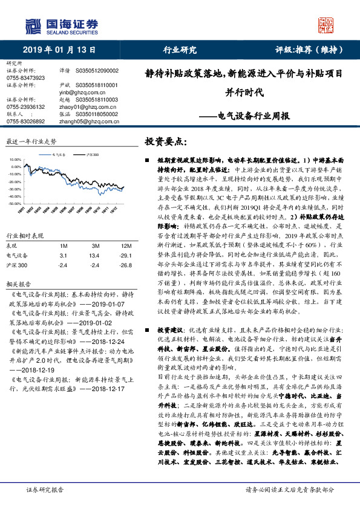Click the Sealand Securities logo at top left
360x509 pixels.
[61, 25]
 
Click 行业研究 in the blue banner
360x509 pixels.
[180, 50]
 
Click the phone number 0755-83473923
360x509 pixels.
[25, 79]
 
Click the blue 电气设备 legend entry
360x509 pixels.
[59, 155]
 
